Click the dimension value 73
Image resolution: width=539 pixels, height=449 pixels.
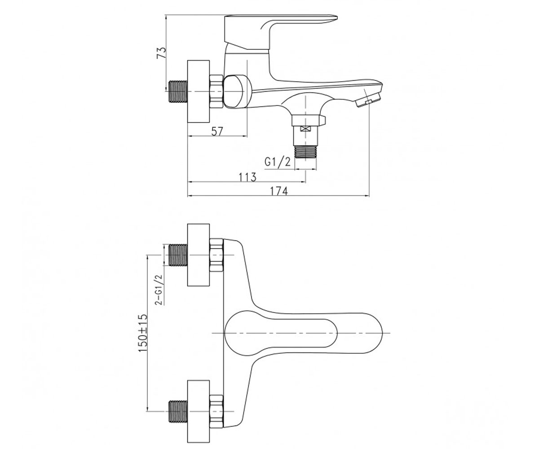click(161, 53)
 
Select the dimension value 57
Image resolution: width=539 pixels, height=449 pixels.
click(217, 132)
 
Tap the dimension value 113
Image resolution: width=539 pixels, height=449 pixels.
click(247, 177)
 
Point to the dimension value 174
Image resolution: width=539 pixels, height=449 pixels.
click(279, 191)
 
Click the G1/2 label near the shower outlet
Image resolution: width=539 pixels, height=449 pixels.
click(278, 162)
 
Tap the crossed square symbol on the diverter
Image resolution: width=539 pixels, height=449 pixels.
click(305, 129)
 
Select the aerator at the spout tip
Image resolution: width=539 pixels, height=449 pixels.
click(368, 100)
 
